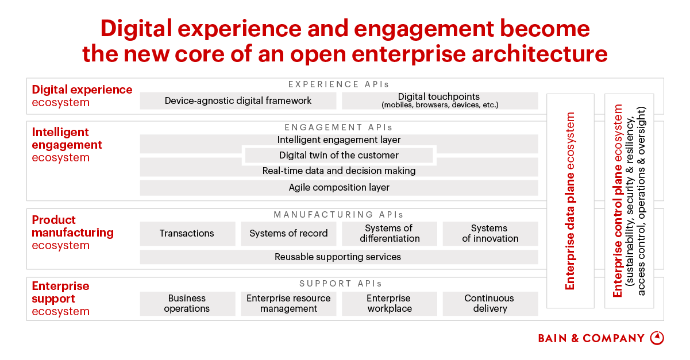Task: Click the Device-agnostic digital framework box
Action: click(238, 101)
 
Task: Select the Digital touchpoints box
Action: click(440, 101)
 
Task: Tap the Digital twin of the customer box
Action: click(339, 155)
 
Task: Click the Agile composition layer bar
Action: click(339, 188)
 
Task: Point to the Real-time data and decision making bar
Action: click(339, 171)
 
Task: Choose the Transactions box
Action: click(187, 234)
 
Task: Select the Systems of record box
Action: click(288, 234)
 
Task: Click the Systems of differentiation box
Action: click(390, 234)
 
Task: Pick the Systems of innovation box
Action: click(490, 234)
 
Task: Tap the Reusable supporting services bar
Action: click(339, 257)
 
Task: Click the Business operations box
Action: click(187, 304)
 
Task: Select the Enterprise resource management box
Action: click(288, 304)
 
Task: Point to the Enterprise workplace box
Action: click(390, 304)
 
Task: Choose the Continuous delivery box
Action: click(490, 304)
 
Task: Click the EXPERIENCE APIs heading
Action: click(339, 84)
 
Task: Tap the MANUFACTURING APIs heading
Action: click(339, 215)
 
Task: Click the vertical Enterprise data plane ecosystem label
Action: click(570, 201)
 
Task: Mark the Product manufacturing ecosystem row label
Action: click(72, 233)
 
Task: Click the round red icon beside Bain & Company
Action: click(657, 338)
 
